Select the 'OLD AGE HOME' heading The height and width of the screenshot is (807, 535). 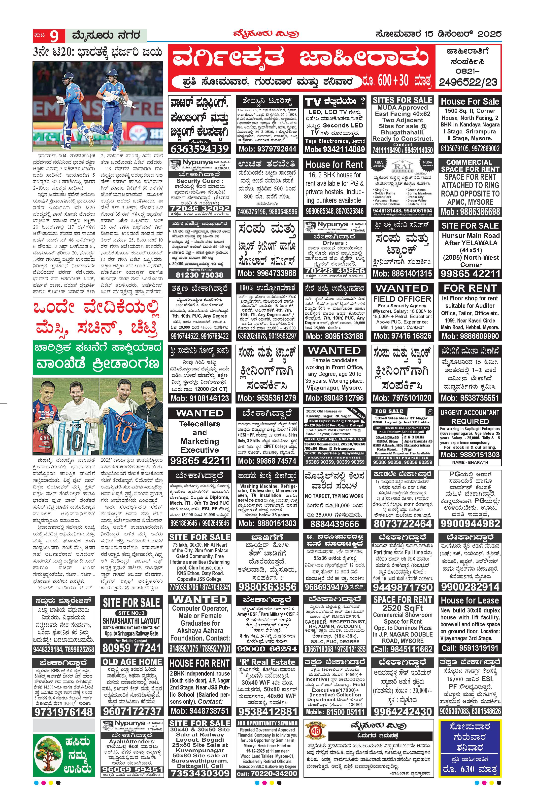[x=132, y=662]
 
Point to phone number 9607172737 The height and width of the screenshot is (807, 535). [x=132, y=711]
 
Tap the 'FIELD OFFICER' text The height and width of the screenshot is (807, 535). [x=402, y=299]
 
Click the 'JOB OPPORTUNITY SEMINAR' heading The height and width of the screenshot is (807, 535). [x=267, y=723]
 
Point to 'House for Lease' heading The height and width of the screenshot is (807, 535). [x=470, y=600]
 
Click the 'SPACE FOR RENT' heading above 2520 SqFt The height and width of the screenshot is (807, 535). [x=402, y=600]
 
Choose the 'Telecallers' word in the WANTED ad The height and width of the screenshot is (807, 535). [x=200, y=424]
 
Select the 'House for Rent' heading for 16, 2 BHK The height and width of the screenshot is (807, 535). [x=334, y=165]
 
